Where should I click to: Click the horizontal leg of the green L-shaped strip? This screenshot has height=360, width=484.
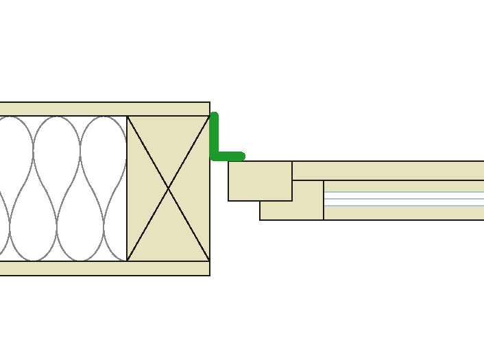point(229,156)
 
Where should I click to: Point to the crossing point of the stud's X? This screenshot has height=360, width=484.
point(169,189)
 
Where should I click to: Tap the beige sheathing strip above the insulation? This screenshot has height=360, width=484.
point(103,109)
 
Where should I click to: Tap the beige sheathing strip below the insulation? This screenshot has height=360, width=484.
point(103,268)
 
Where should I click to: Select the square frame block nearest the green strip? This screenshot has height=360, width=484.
point(260,181)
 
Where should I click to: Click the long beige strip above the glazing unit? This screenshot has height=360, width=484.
point(388,171)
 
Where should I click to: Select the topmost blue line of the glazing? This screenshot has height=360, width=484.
point(404,192)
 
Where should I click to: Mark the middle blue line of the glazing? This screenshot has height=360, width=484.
point(404,199)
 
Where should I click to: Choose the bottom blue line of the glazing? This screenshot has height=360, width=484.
point(404,205)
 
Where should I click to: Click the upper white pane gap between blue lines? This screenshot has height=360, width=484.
point(404,195)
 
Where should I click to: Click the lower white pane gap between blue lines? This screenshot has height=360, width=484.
point(404,202)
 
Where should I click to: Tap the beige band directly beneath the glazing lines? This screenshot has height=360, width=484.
point(404,213)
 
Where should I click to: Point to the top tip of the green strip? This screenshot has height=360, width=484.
point(214,115)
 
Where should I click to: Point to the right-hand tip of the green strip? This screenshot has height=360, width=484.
point(243,156)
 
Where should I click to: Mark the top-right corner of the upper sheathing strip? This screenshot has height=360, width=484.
point(210,102)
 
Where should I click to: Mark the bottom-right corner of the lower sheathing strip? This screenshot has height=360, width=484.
point(210,276)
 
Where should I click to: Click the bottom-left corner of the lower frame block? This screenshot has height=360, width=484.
point(260,220)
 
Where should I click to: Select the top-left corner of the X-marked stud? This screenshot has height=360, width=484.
point(127,116)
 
